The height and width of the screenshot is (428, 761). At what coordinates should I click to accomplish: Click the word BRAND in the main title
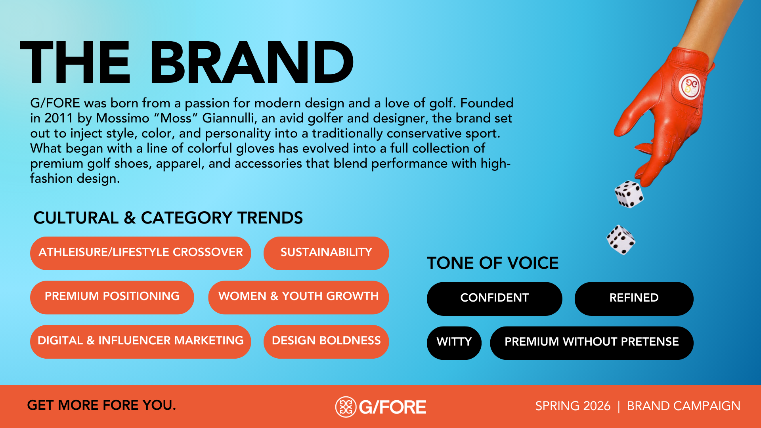251,63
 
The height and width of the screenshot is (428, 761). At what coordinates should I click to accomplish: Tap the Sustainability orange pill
326,253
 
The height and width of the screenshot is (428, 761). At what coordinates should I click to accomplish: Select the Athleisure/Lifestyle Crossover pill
140,253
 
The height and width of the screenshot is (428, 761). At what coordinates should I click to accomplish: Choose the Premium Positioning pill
112,297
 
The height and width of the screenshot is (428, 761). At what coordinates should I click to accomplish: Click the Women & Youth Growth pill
298,297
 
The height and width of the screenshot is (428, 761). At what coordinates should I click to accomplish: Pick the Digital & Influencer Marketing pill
140,341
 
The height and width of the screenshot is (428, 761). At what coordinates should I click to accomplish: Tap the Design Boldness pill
326,341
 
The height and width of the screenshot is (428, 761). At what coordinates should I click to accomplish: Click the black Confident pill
494,298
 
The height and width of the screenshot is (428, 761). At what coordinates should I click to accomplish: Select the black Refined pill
633,298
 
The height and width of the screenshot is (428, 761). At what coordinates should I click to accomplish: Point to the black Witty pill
454,342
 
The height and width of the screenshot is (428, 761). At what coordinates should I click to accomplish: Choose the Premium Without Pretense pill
591,342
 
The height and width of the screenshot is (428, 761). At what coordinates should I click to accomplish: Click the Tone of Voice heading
492,263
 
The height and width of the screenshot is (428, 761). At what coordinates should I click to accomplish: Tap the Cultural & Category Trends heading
168,218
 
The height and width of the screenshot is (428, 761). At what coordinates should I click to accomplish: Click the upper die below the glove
629,194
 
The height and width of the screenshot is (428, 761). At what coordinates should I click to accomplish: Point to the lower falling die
621,240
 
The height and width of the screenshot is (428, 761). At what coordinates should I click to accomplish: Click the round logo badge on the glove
690,86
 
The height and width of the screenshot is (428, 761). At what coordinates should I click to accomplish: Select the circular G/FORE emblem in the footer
346,407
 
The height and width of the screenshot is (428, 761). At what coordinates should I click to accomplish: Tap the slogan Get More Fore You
101,405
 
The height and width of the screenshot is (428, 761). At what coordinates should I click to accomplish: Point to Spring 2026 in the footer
572,406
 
